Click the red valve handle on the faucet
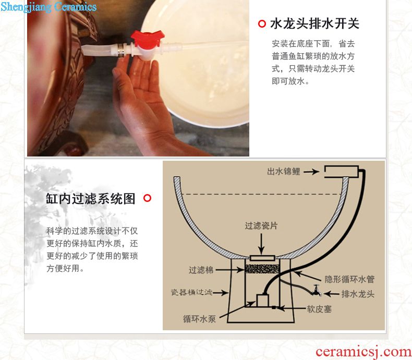147,39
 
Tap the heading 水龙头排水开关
314,23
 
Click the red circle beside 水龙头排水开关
262,23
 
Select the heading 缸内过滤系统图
91,198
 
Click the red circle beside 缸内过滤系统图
148,198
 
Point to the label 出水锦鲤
284,172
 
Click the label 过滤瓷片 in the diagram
261,225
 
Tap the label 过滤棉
201,270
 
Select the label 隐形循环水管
349,279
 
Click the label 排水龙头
358,294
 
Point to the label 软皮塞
319,309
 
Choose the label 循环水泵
199,319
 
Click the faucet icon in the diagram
317,291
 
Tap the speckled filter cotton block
262,269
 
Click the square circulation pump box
262,301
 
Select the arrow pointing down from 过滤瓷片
261,243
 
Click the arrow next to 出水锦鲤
311,172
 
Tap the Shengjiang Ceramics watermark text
49,7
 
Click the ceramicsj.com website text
363,352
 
